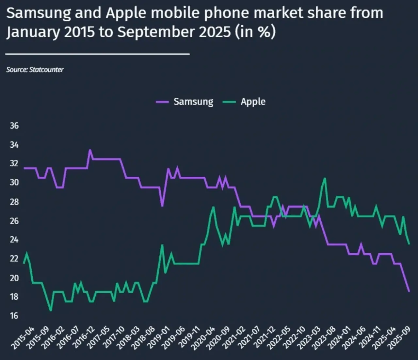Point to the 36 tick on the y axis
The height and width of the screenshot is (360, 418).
[x=14, y=126]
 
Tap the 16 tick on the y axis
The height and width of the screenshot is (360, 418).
[x=14, y=316]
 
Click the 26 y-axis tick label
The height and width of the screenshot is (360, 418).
[x=14, y=221]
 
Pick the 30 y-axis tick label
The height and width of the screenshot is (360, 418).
[x=14, y=182]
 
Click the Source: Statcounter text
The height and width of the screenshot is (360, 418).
[x=35, y=70]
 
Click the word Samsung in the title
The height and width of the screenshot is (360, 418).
[x=39, y=13]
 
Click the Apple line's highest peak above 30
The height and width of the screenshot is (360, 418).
[x=325, y=178]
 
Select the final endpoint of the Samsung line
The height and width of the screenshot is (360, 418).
[x=409, y=291]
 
